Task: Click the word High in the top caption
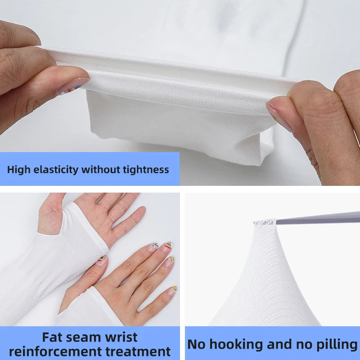pyautogui.click(x=19, y=170)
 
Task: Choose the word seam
pyautogui.click(x=82, y=337)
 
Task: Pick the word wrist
pyautogui.click(x=121, y=337)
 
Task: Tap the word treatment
pyautogui.click(x=138, y=351)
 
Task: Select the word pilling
pyautogui.click(x=336, y=344)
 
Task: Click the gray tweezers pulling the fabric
pyautogui.click(x=318, y=217)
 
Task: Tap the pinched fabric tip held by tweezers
pyautogui.click(x=265, y=222)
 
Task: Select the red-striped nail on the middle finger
pyautogui.click(x=167, y=246)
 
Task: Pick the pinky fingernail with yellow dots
pyautogui.click(x=172, y=291)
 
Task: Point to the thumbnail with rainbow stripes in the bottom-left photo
pyautogui.click(x=101, y=260)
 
